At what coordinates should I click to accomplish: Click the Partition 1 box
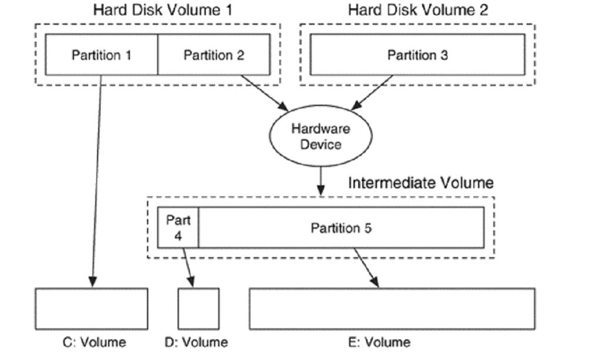pos(101,55)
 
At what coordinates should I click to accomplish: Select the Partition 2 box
pos(213,55)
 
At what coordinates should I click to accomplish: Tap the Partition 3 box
pos(418,55)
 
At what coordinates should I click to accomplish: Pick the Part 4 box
pos(178,227)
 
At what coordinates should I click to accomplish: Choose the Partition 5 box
pos(341,227)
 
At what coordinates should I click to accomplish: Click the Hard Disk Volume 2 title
pos(418,10)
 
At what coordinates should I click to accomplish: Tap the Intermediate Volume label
pos(420,182)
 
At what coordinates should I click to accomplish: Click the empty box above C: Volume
pos(91,308)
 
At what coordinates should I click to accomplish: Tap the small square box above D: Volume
pos(199,308)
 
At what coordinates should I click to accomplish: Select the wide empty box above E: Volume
pos(392,308)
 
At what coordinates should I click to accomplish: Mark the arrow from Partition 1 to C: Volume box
pos(97,176)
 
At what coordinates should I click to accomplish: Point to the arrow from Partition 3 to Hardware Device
pos(372,92)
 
